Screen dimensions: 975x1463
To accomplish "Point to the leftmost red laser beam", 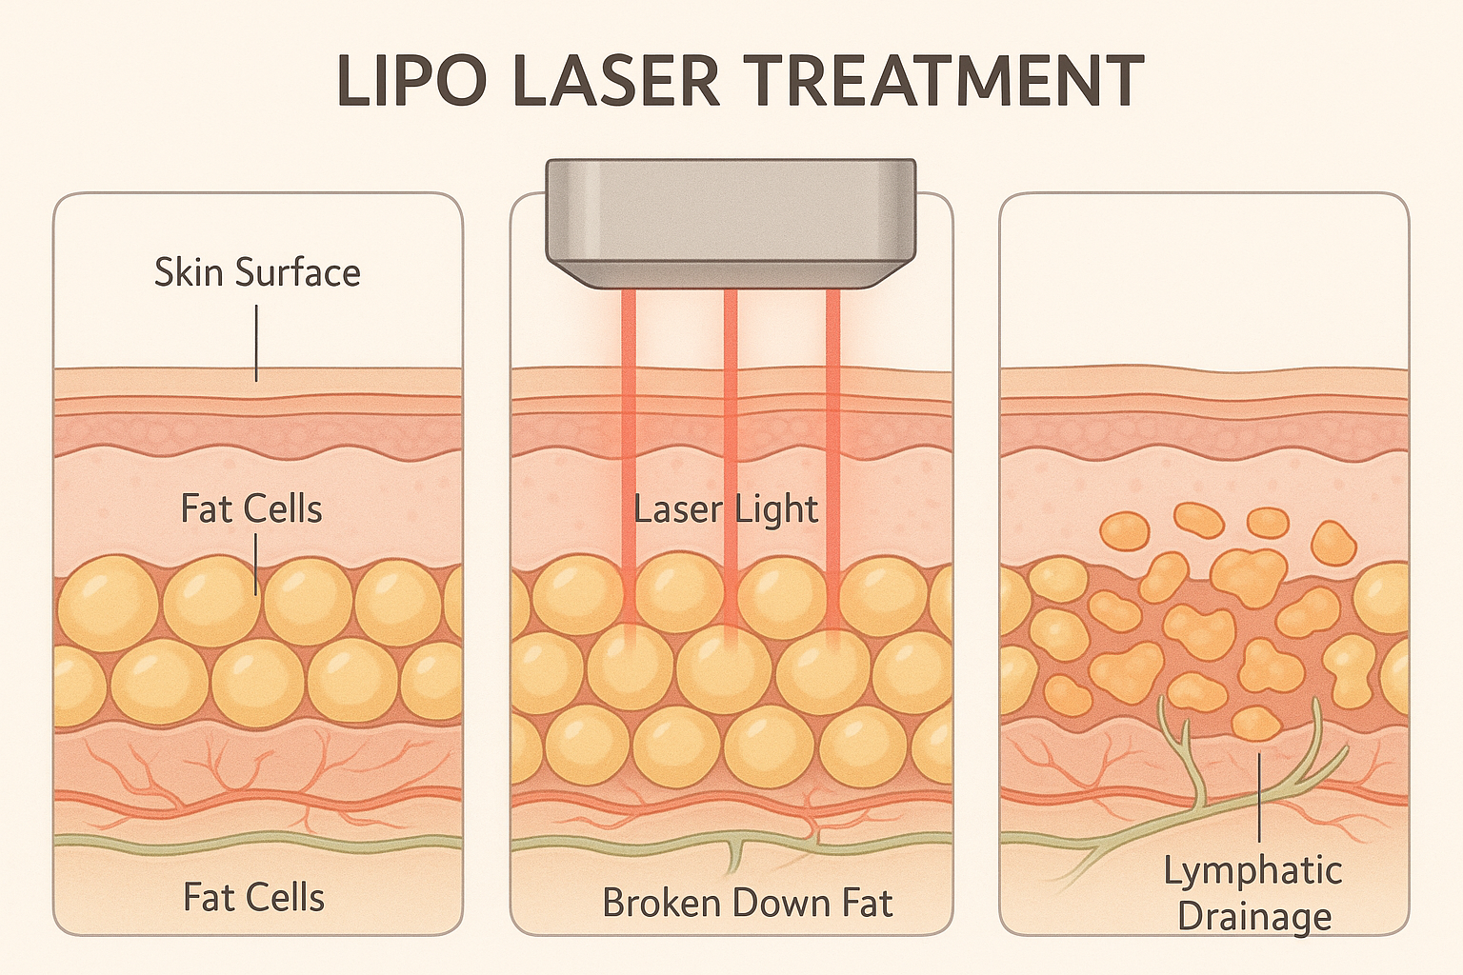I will pyautogui.click(x=629, y=428).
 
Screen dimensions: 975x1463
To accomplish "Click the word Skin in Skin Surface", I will pyautogui.click(x=190, y=272).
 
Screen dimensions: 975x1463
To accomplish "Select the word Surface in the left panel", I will pyautogui.click(x=298, y=272).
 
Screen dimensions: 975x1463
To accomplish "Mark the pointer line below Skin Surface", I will pyautogui.click(x=256, y=343).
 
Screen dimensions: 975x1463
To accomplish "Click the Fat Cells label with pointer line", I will pyautogui.click(x=251, y=508).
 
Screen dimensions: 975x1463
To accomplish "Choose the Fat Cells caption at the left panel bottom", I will pyautogui.click(x=253, y=897).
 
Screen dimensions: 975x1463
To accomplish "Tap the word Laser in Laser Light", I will pyautogui.click(x=678, y=509).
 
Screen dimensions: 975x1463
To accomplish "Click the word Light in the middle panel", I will pyautogui.click(x=776, y=510).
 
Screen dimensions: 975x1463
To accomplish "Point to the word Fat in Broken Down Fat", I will pyautogui.click(x=864, y=903).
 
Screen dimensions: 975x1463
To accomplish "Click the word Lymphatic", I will pyautogui.click(x=1253, y=870).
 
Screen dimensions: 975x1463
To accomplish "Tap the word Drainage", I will pyautogui.click(x=1254, y=916).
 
